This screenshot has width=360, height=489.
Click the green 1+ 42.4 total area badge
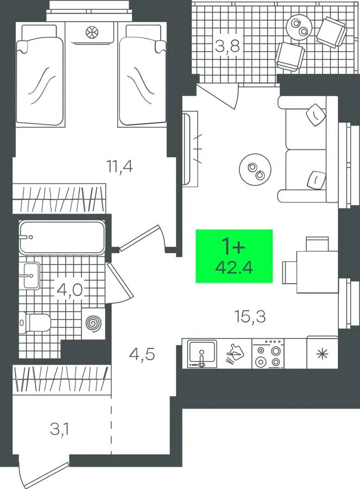(x=234, y=256)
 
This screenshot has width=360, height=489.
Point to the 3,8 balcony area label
(x=228, y=47)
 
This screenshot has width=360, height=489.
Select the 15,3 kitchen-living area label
(x=250, y=316)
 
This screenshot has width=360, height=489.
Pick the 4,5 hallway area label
(x=142, y=355)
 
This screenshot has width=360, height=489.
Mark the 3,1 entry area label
(x=60, y=429)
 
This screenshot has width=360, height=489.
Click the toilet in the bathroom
(x=35, y=322)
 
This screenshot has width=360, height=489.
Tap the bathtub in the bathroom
(x=62, y=237)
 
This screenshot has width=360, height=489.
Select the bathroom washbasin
(x=31, y=275)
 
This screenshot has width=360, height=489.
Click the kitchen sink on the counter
(x=202, y=354)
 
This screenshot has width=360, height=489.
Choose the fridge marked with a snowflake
(x=323, y=354)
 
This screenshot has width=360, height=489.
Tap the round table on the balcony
(x=299, y=27)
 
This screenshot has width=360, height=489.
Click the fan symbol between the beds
(x=92, y=32)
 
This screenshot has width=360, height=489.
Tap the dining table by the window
(x=317, y=272)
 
